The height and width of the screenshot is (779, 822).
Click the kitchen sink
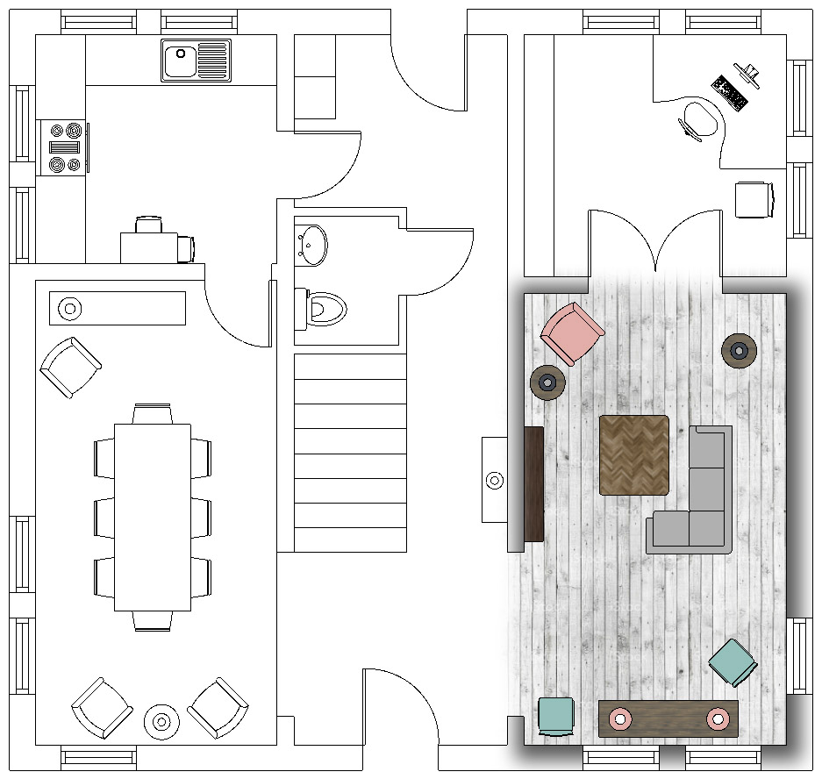[196, 61]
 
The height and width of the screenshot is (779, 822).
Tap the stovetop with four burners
[63, 147]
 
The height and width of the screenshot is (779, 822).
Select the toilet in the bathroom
[323, 308]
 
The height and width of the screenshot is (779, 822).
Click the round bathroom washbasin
[311, 244]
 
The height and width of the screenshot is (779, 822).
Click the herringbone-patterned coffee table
[634, 454]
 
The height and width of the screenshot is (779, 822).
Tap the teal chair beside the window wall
[732, 661]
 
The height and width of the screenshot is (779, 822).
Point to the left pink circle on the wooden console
[621, 718]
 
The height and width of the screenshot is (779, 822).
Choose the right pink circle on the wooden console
[718, 718]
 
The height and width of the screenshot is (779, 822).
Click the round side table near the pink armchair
[547, 382]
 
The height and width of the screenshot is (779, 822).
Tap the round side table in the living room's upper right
[740, 351]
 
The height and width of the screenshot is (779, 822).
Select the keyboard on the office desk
[730, 92]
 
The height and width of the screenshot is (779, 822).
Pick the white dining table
[153, 517]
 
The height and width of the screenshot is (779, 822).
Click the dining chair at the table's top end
[153, 413]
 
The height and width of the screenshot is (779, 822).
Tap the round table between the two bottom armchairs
[161, 721]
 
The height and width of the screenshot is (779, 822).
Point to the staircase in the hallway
[350, 452]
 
